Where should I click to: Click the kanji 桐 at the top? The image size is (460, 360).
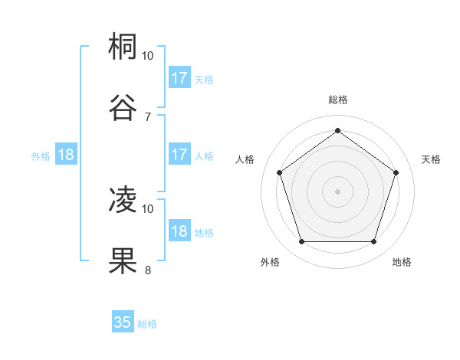coord(123,47)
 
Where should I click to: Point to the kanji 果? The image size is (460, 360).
coord(123,260)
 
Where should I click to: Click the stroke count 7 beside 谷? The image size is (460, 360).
coord(148,116)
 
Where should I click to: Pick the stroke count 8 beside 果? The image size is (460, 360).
coord(148,270)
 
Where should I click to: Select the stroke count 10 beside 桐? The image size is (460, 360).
coord(148,57)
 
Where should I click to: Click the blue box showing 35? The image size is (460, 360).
coord(123,322)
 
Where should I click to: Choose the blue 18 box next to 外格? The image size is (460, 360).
coord(65,155)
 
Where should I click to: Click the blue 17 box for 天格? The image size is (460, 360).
coord(179,78)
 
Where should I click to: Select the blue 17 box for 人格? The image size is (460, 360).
coord(179,155)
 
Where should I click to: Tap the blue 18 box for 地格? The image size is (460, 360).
coord(179,231)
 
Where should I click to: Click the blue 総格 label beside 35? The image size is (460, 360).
coord(148,324)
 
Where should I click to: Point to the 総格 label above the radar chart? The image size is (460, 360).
coord(338,100)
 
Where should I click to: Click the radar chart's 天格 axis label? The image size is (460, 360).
coord(431,159)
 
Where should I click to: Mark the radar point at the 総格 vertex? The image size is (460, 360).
coord(338,130)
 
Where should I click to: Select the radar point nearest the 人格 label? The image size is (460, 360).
coord(280,172)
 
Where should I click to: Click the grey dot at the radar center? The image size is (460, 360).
coord(338,191)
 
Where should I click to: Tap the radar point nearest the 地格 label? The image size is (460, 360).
coord(373,241)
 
